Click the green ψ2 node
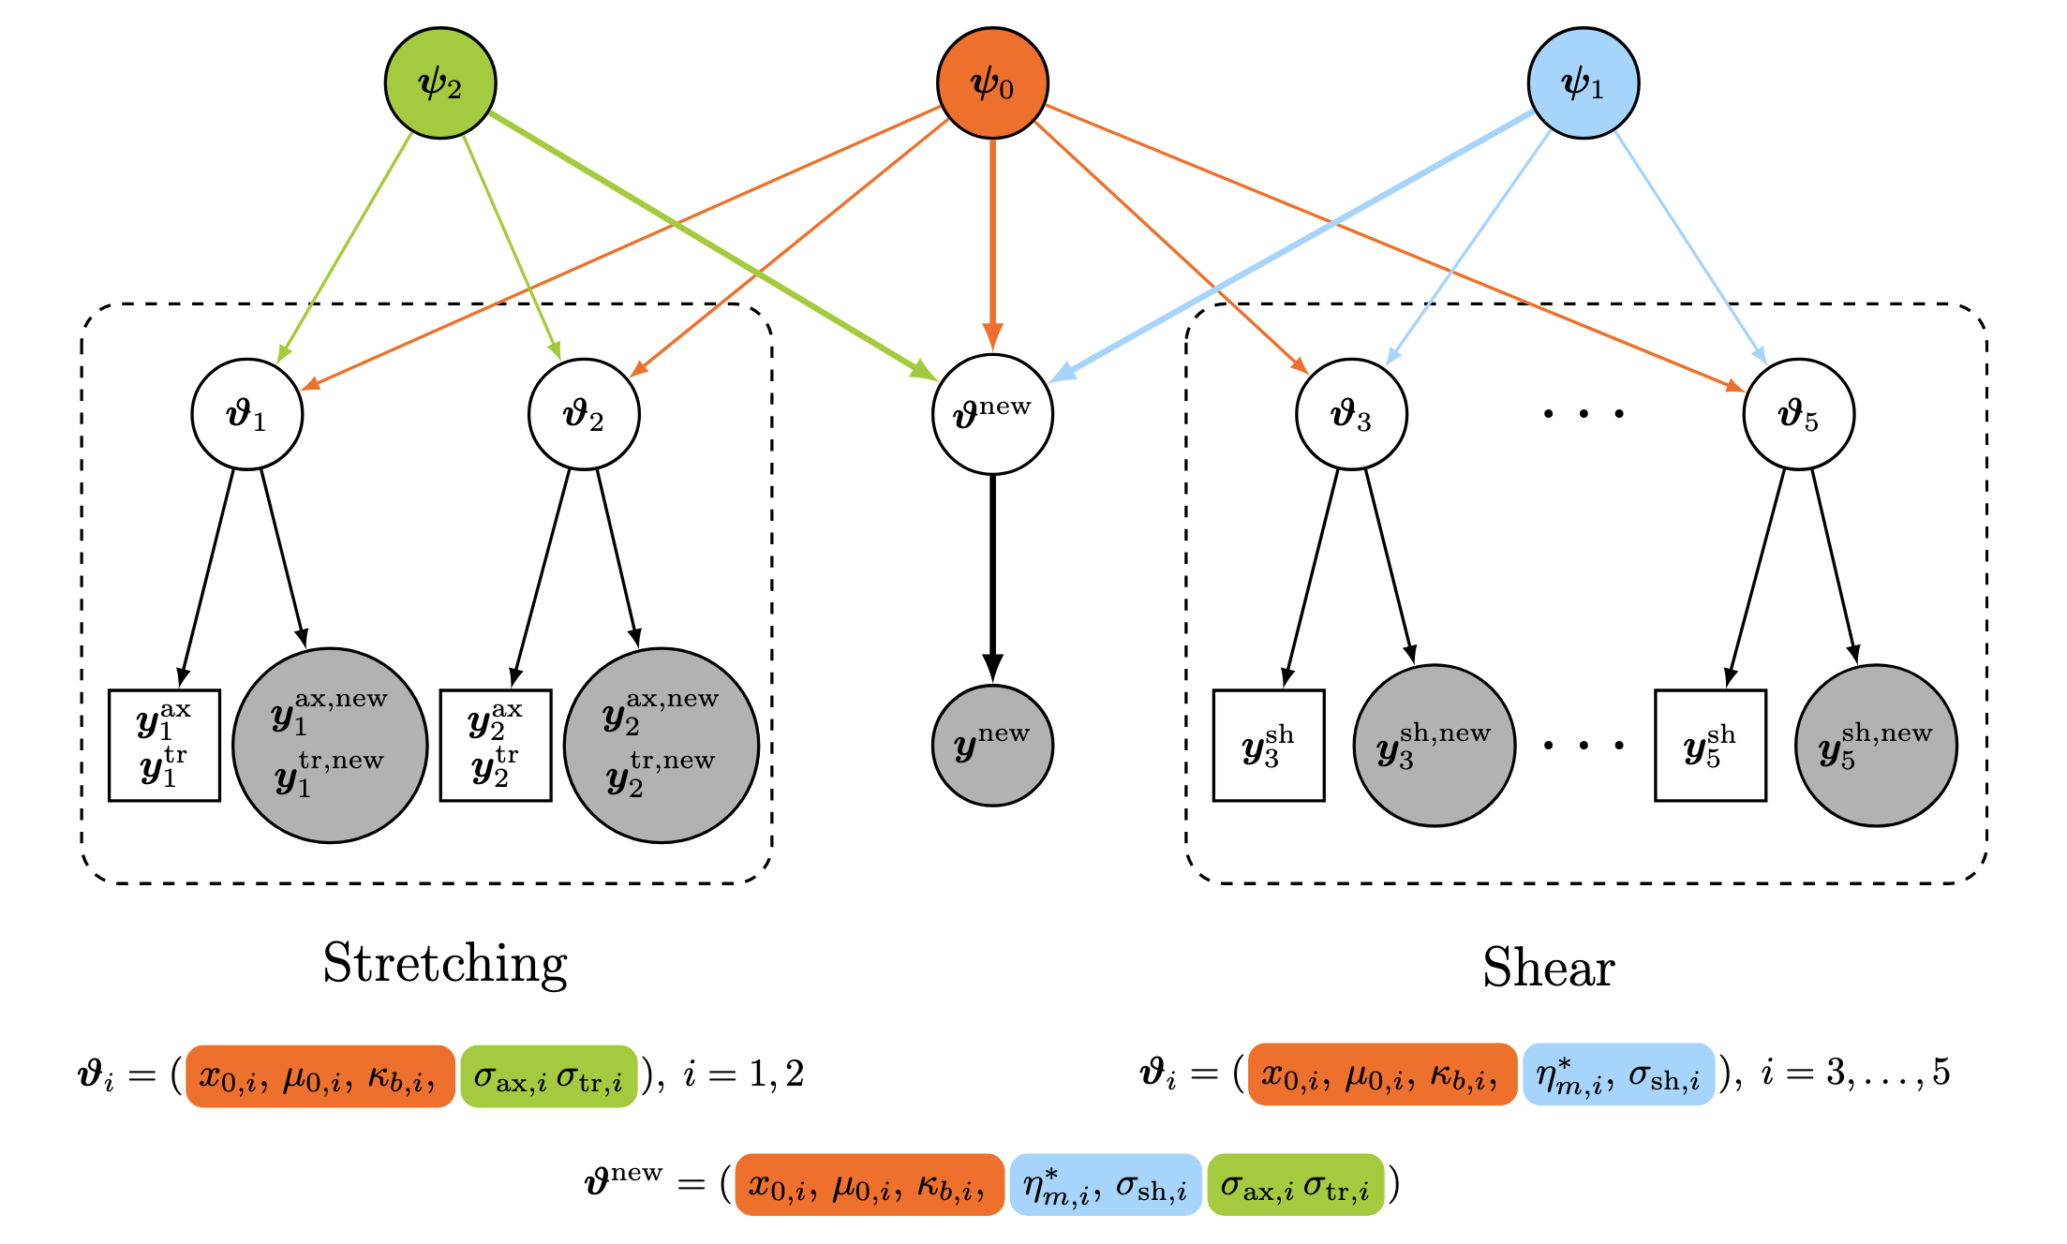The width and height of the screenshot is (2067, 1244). (x=440, y=83)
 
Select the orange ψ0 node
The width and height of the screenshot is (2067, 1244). (x=992, y=83)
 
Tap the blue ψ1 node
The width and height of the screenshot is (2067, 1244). (x=1583, y=83)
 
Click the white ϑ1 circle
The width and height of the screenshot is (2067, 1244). (x=247, y=414)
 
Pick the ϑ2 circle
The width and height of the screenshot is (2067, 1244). (x=584, y=414)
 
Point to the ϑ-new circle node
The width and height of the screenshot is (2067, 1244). (x=992, y=414)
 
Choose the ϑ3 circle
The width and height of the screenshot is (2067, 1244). (x=1351, y=414)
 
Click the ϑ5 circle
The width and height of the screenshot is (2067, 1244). (x=1798, y=414)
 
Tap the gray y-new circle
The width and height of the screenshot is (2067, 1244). (x=992, y=746)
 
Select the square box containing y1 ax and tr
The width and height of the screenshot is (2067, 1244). (x=165, y=746)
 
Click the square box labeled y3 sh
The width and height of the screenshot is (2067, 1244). (x=1269, y=746)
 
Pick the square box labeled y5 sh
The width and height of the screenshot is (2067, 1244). (x=1710, y=746)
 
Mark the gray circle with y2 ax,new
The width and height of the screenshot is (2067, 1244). (x=661, y=746)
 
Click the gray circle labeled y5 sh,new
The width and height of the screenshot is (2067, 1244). (x=1876, y=746)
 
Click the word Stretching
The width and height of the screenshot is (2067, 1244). (x=445, y=963)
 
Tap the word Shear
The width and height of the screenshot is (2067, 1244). (x=1549, y=968)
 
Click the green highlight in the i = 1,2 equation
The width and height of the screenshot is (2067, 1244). (x=548, y=1076)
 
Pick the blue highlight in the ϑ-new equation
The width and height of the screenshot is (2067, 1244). (x=1106, y=1185)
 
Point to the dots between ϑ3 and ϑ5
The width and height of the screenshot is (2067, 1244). (x=1584, y=413)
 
